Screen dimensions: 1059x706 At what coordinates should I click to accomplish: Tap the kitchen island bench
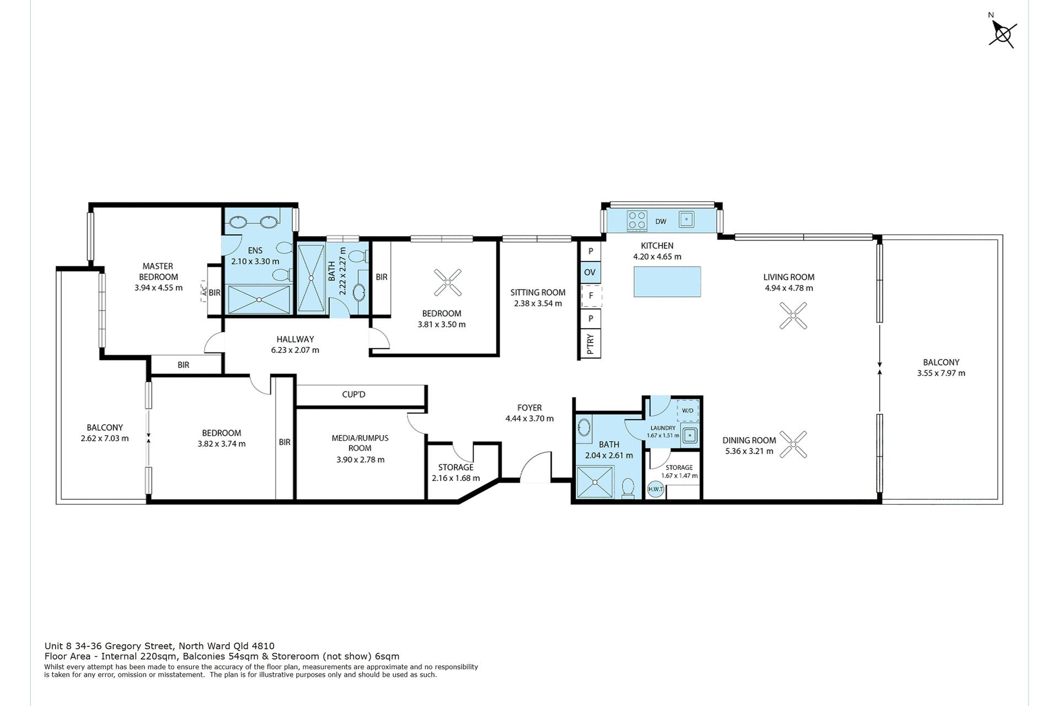667,282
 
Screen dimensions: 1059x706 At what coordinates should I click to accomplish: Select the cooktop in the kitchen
637,221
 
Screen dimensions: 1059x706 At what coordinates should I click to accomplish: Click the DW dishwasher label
661,222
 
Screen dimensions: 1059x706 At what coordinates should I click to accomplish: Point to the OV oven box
590,272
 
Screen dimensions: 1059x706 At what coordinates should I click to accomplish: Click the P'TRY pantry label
591,344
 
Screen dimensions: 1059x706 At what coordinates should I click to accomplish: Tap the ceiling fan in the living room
793,315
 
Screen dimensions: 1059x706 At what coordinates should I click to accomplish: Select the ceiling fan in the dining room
793,444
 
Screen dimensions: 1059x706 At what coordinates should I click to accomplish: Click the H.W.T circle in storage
656,489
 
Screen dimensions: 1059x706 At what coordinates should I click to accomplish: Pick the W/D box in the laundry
688,410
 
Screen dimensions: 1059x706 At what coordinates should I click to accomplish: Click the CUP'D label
354,394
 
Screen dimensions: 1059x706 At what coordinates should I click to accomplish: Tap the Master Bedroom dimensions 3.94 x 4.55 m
158,287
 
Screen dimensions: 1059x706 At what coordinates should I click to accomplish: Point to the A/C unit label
204,292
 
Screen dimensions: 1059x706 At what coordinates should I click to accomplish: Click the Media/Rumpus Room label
360,443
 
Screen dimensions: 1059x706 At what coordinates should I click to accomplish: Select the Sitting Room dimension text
538,303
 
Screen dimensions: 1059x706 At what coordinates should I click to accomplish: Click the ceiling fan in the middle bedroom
447,282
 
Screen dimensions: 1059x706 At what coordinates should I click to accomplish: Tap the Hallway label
295,339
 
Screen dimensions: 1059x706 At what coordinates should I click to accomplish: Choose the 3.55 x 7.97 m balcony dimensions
941,373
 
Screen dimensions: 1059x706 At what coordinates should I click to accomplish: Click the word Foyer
529,408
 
